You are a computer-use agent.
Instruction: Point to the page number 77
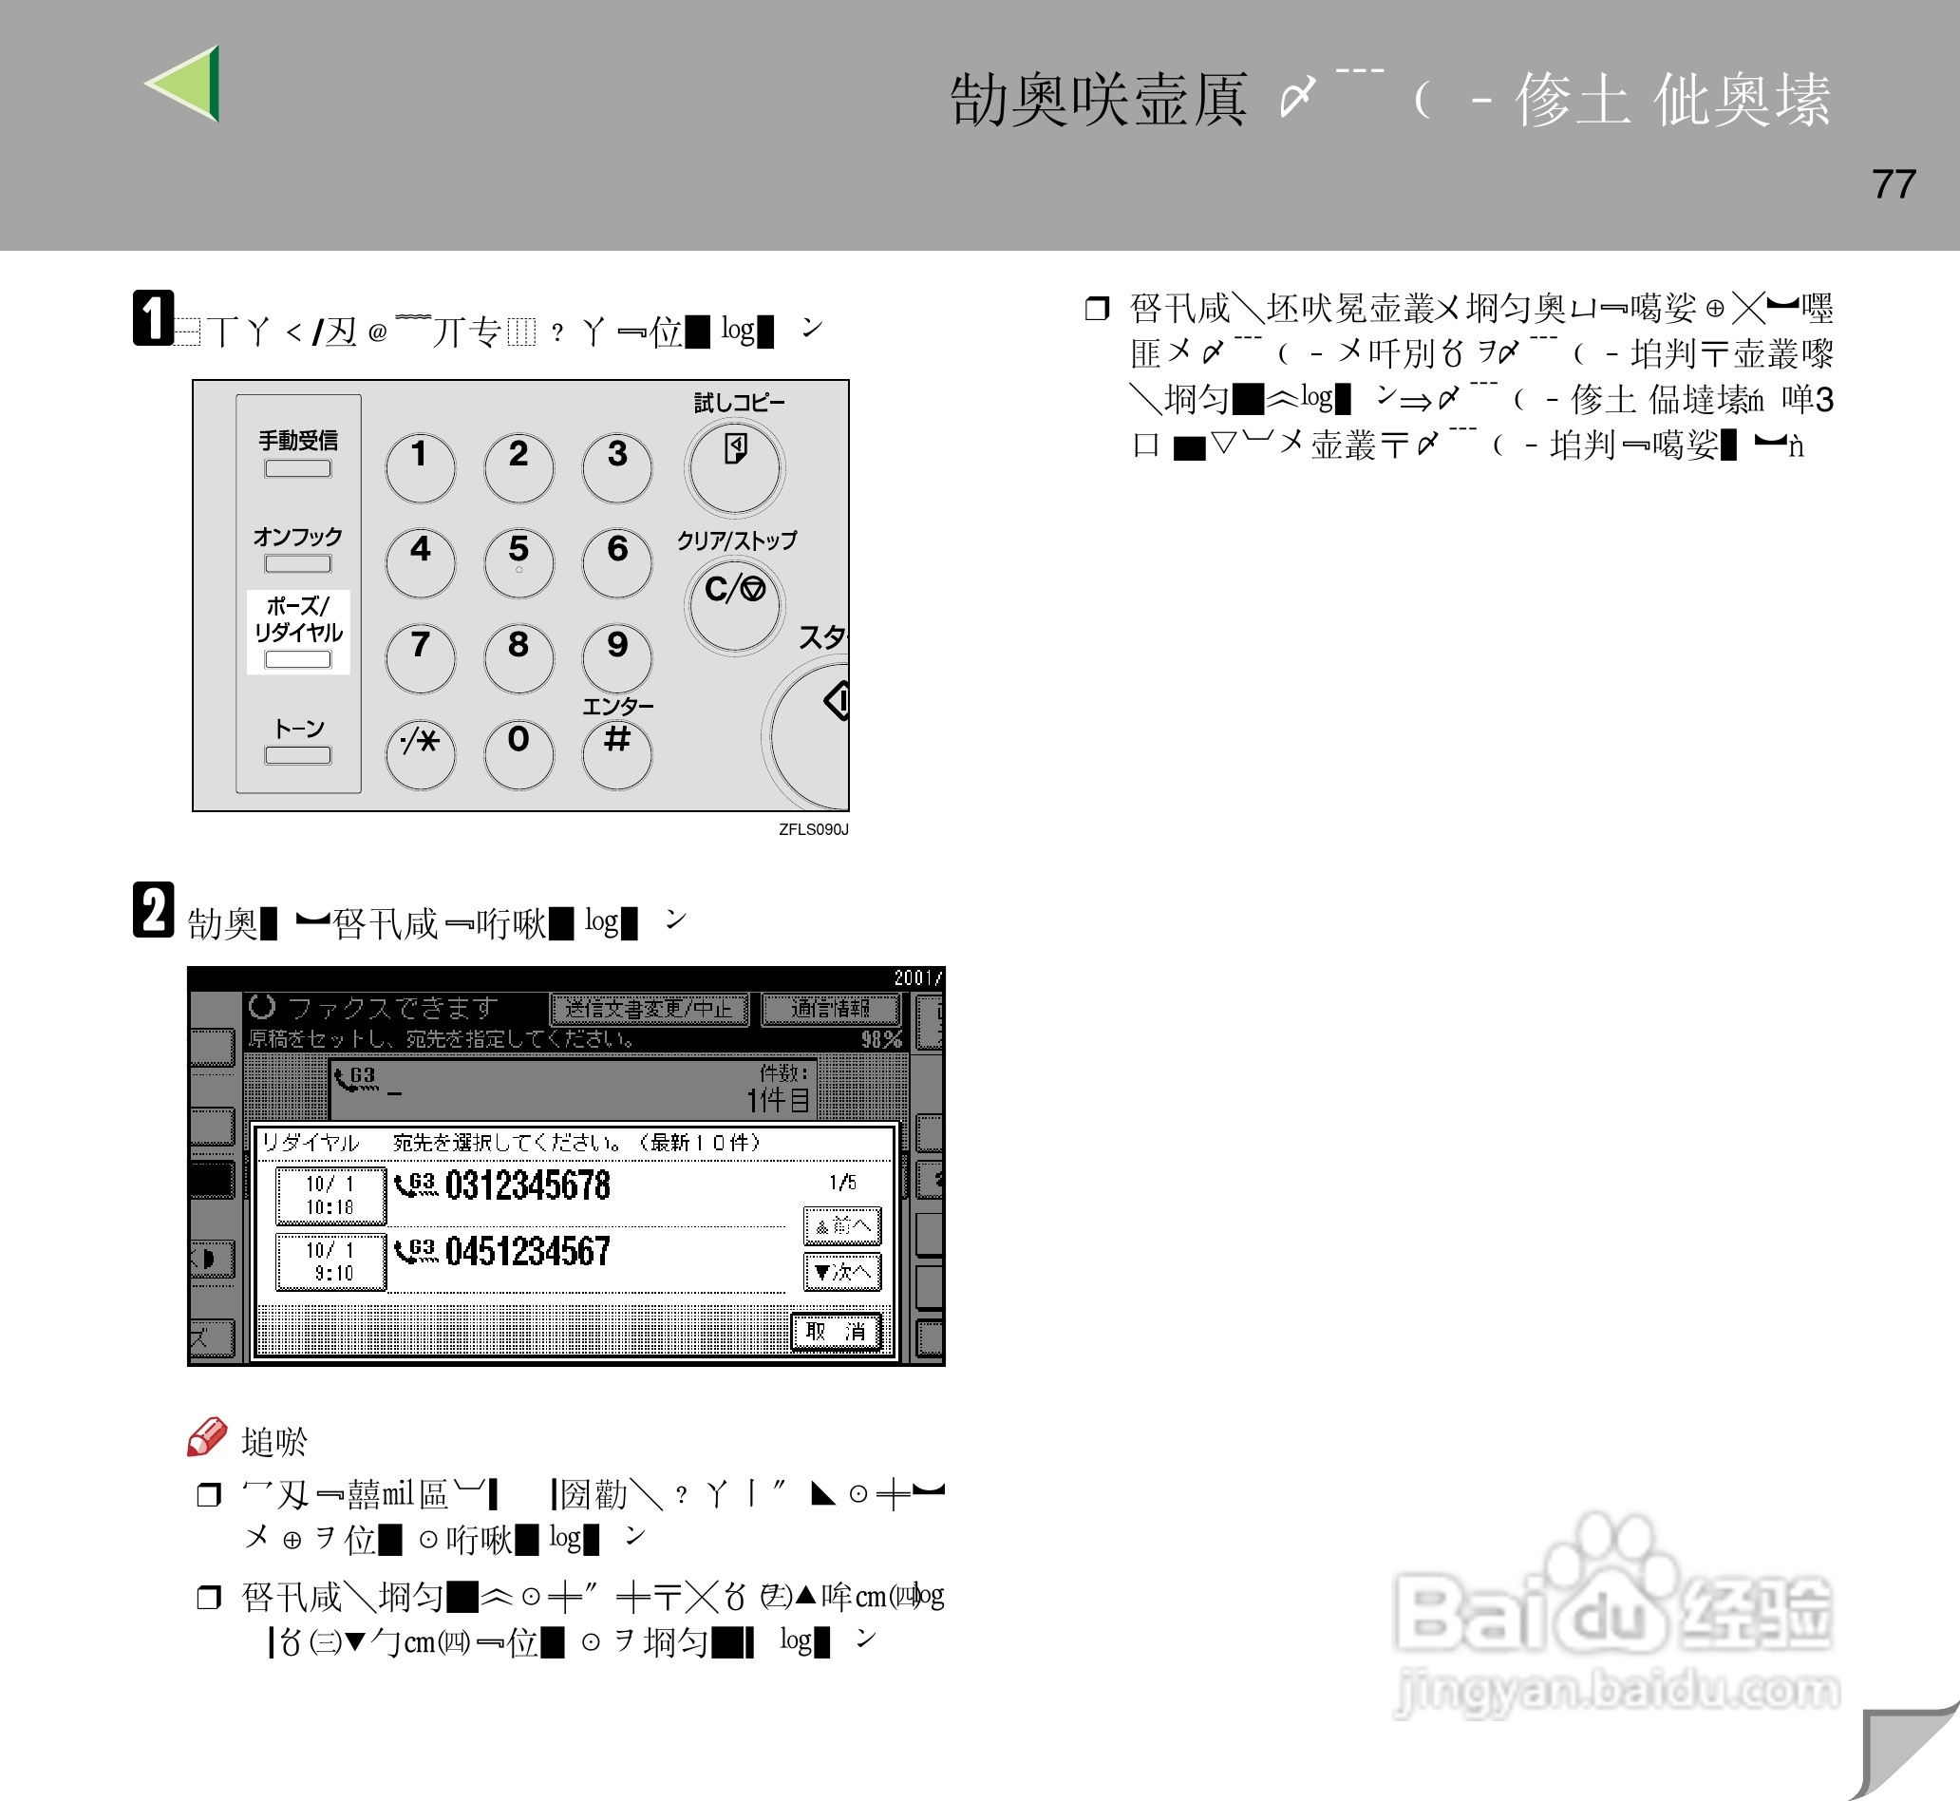[1893, 184]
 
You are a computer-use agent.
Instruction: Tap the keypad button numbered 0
[518, 751]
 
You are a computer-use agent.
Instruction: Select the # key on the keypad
[616, 751]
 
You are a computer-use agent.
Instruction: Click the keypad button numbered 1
[420, 464]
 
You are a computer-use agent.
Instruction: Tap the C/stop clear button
[734, 601]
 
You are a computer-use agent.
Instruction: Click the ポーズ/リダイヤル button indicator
[298, 659]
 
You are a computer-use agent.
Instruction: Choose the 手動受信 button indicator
[298, 467]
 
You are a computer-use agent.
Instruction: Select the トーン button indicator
[298, 754]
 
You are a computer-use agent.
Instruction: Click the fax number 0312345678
[527, 1186]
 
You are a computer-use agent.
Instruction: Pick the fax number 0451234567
[527, 1251]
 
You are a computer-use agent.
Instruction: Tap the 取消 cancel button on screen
[836, 1331]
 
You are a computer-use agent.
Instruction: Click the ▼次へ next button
[841, 1272]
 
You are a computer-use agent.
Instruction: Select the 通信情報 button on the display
[830, 1009]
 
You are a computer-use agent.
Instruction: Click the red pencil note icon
[206, 1437]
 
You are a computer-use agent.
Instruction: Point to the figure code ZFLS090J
[814, 829]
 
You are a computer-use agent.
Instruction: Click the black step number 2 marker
[153, 910]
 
